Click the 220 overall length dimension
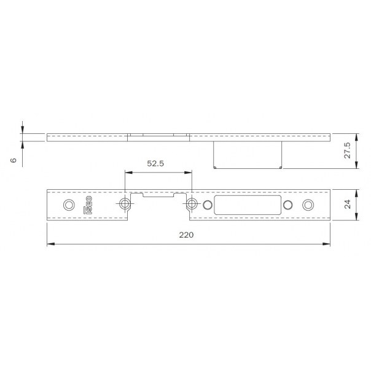[x=186, y=235]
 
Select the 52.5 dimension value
[x=155, y=163]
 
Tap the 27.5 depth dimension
[x=347, y=150]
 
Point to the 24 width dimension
[x=347, y=204]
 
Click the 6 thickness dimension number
[x=14, y=160]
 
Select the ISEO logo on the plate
[x=88, y=205]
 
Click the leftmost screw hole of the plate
[x=69, y=205]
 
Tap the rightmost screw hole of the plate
[x=308, y=205]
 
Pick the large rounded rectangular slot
[x=248, y=205]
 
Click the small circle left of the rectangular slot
[x=208, y=205]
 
